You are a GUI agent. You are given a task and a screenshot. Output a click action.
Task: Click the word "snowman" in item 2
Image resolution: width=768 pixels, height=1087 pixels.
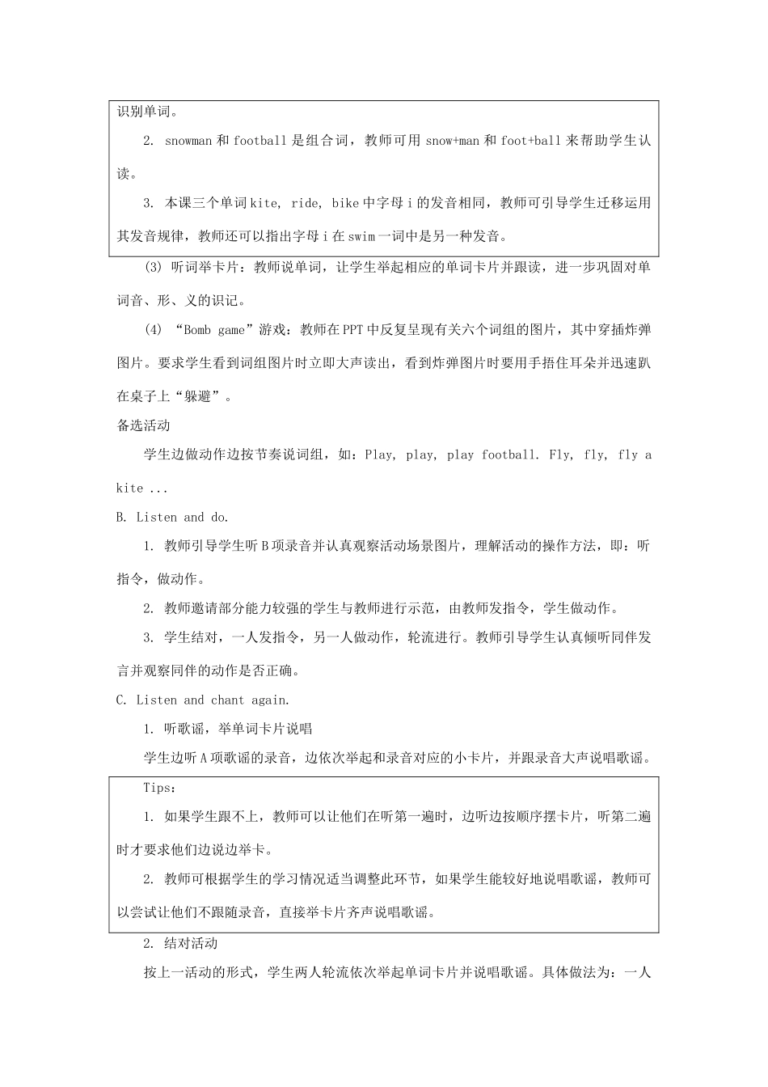point(188,141)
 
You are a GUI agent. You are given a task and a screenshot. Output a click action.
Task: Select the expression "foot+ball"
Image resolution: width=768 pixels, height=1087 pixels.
point(530,141)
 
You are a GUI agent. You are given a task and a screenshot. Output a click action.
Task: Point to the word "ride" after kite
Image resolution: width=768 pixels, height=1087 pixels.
point(305,203)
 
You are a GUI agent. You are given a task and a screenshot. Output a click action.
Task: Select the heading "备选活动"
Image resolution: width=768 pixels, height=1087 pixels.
point(143,425)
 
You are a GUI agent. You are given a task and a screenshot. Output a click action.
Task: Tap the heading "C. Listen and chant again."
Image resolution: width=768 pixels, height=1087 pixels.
point(203,700)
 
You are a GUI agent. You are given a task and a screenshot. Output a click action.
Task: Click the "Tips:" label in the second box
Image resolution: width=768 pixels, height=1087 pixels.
point(159,788)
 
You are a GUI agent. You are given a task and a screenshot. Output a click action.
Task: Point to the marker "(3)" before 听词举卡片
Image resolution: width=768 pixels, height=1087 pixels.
point(154,268)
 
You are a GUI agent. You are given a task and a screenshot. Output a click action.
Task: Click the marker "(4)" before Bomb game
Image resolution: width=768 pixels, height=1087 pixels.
point(154,329)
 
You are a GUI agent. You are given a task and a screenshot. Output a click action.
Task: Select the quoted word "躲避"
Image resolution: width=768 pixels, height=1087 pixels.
point(201,396)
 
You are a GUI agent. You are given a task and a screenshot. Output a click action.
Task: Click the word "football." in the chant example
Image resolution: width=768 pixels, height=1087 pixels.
point(510,455)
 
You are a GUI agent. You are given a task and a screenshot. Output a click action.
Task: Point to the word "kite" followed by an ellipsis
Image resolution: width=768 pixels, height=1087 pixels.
point(129,488)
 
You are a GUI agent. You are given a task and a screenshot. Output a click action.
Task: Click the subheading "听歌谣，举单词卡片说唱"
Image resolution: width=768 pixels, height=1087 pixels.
point(238,730)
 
